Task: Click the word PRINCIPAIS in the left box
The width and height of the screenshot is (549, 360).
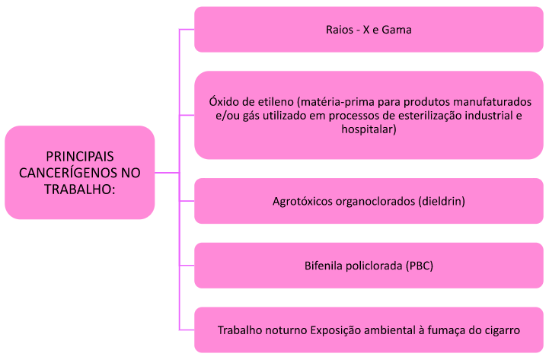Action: (x=80, y=156)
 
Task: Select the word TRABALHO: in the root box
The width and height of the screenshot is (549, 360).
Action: (x=80, y=190)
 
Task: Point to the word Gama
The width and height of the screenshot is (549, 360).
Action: (x=397, y=30)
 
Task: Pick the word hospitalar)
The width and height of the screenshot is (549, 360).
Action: (x=369, y=129)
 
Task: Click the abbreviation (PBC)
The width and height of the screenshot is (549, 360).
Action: (x=420, y=266)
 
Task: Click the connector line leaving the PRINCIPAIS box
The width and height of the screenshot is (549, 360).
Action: (x=167, y=173)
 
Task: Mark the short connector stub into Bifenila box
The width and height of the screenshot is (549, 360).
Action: (x=187, y=266)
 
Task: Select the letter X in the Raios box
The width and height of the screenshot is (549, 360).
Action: (x=366, y=30)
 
